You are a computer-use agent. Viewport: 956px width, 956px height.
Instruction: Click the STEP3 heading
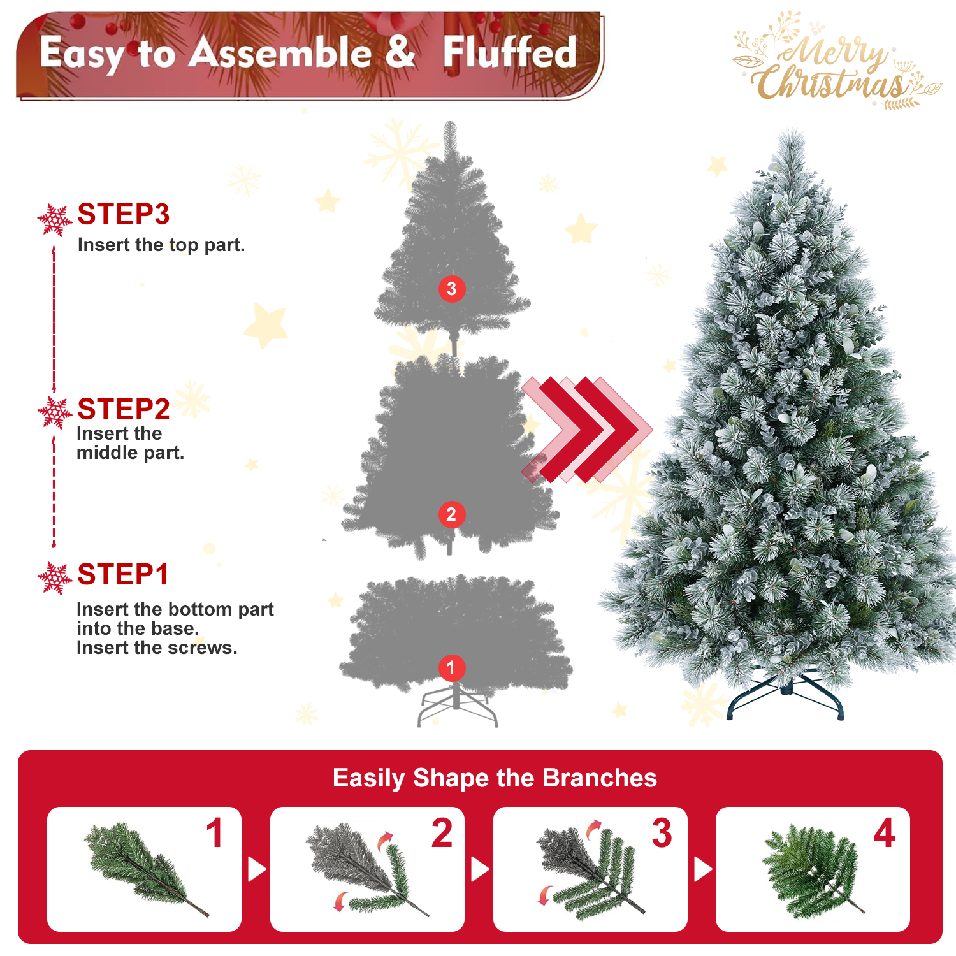click(124, 214)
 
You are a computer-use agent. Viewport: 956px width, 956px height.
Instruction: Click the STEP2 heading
click(124, 409)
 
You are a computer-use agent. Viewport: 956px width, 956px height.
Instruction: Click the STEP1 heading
click(123, 574)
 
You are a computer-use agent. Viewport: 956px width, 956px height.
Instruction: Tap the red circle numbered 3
click(452, 289)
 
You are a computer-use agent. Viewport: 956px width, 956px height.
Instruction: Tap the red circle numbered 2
click(451, 514)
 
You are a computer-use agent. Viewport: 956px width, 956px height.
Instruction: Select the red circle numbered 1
click(451, 668)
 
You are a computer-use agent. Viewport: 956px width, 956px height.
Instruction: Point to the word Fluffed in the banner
click(510, 52)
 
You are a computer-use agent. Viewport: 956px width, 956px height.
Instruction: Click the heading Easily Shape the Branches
click(495, 778)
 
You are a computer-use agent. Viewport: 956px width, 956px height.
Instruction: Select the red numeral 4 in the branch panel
click(884, 832)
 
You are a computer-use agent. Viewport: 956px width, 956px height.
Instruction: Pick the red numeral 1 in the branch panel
click(215, 832)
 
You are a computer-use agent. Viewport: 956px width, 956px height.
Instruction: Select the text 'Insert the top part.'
click(161, 245)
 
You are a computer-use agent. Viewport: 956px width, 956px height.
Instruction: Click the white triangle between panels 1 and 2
click(256, 869)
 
